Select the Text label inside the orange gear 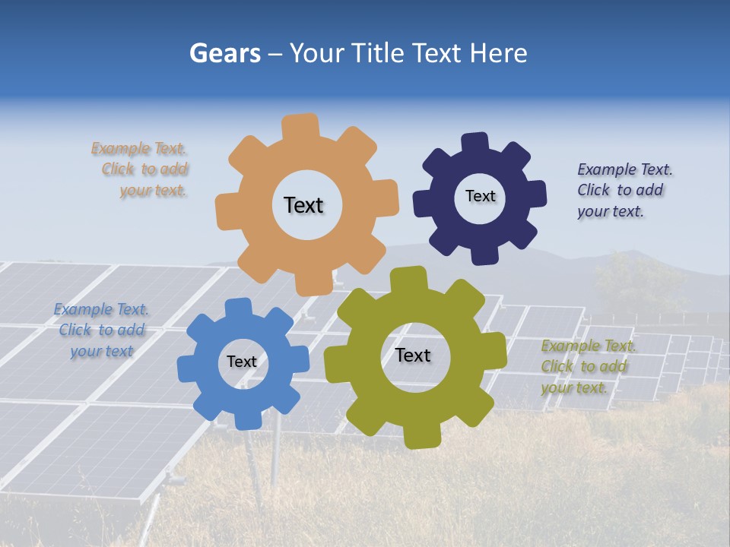pyautogui.click(x=303, y=205)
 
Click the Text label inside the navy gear pyautogui.click(x=480, y=196)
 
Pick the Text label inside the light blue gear pyautogui.click(x=242, y=362)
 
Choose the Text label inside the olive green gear pyautogui.click(x=413, y=355)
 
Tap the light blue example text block pyautogui.click(x=102, y=330)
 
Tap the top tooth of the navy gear pyautogui.click(x=474, y=142)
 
